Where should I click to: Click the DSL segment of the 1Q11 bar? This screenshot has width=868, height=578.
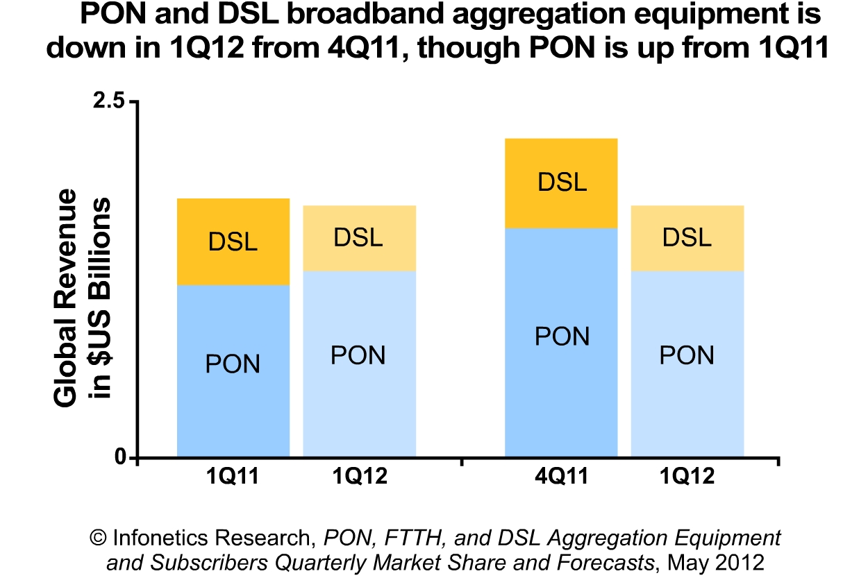(x=233, y=241)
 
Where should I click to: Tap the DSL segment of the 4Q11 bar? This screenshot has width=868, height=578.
(x=561, y=183)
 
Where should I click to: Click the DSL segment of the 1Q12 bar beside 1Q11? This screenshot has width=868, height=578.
(x=359, y=238)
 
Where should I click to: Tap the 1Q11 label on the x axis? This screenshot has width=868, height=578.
(x=233, y=477)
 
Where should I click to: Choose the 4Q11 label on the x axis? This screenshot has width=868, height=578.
(x=561, y=477)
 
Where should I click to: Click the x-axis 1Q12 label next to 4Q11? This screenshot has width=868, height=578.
(x=686, y=477)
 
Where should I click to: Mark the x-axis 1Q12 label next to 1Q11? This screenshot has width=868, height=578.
(x=359, y=477)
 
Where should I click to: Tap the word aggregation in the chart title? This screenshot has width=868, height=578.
(x=511, y=15)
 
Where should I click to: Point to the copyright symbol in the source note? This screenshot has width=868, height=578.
(x=99, y=538)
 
